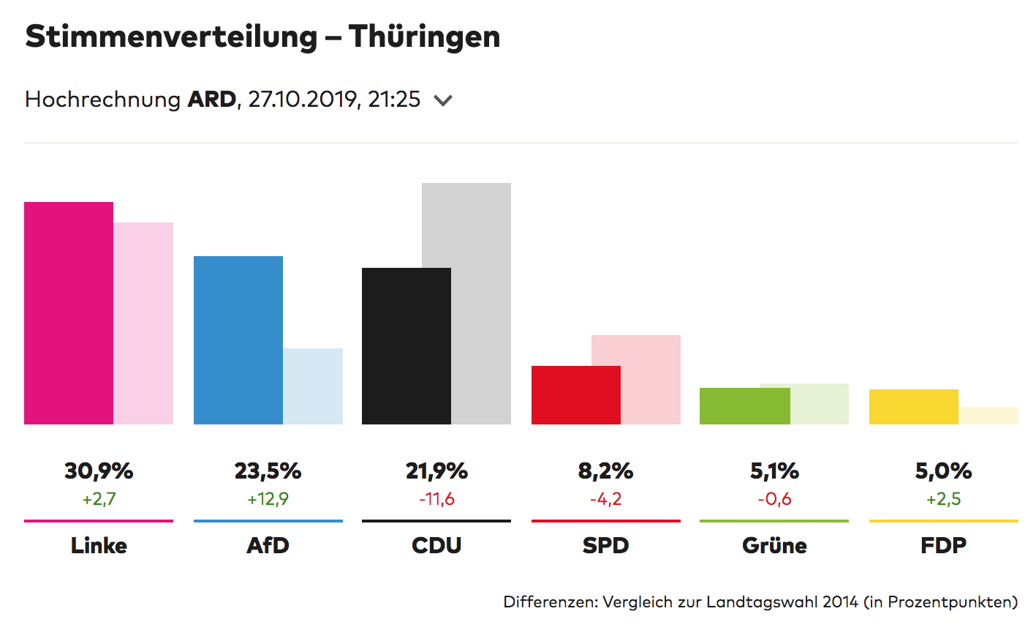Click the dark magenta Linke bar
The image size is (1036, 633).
pyautogui.click(x=69, y=313)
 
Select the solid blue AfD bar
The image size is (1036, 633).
pyautogui.click(x=238, y=340)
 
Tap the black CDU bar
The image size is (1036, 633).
pyautogui.click(x=407, y=346)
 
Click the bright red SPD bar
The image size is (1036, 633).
pyautogui.click(x=576, y=395)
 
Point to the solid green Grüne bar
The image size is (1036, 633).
pyautogui.click(x=745, y=406)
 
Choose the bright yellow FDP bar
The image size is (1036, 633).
pyautogui.click(x=914, y=407)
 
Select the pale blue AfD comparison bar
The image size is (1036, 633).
pyautogui.click(x=313, y=386)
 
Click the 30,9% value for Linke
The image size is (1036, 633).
pyautogui.click(x=99, y=471)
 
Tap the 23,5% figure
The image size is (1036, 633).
pyautogui.click(x=268, y=471)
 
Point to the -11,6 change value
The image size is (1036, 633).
pyautogui.click(x=436, y=499)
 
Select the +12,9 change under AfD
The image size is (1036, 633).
pyautogui.click(x=268, y=499)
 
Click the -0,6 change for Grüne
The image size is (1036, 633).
pyautogui.click(x=774, y=499)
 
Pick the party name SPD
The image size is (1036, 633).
pyautogui.click(x=605, y=545)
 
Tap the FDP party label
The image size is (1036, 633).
pyautogui.click(x=943, y=545)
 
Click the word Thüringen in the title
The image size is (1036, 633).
pyautogui.click(x=424, y=37)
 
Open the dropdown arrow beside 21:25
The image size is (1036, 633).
pyautogui.click(x=443, y=100)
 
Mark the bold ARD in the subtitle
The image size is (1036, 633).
pyautogui.click(x=212, y=100)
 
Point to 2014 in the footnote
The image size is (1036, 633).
pyautogui.click(x=839, y=602)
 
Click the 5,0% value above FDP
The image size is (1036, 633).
pyautogui.click(x=943, y=471)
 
